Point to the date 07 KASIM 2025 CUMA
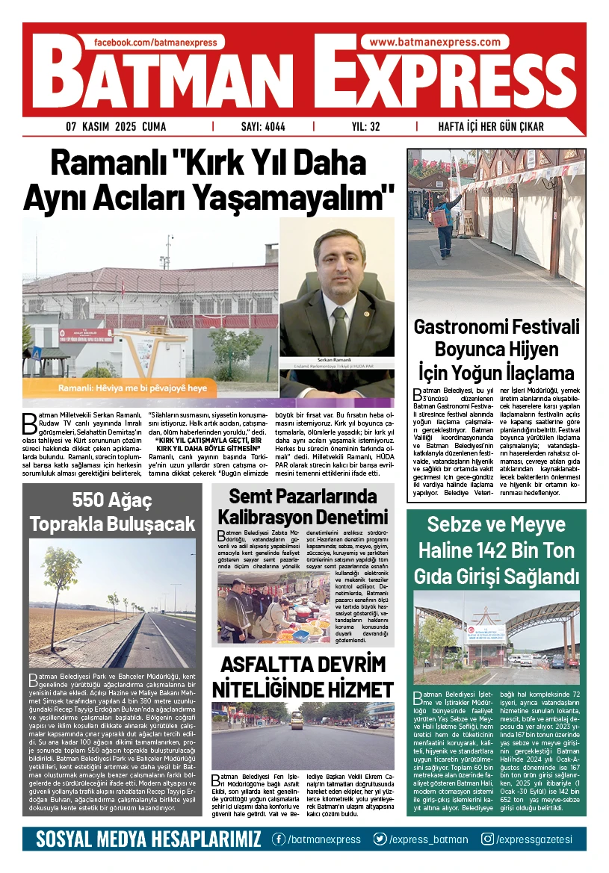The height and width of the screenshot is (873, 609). coord(116,127)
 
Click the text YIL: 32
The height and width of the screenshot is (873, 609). coord(366,127)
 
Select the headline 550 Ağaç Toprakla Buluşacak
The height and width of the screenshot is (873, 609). coord(112,512)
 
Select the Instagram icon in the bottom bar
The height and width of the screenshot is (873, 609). coord(487,839)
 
